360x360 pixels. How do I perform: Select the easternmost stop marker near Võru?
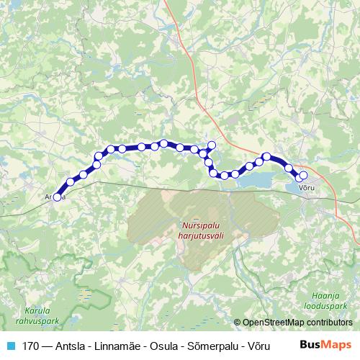click(303, 175)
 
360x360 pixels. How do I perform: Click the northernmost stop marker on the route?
click(164, 143)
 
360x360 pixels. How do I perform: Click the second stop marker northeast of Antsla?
click(84, 175)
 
